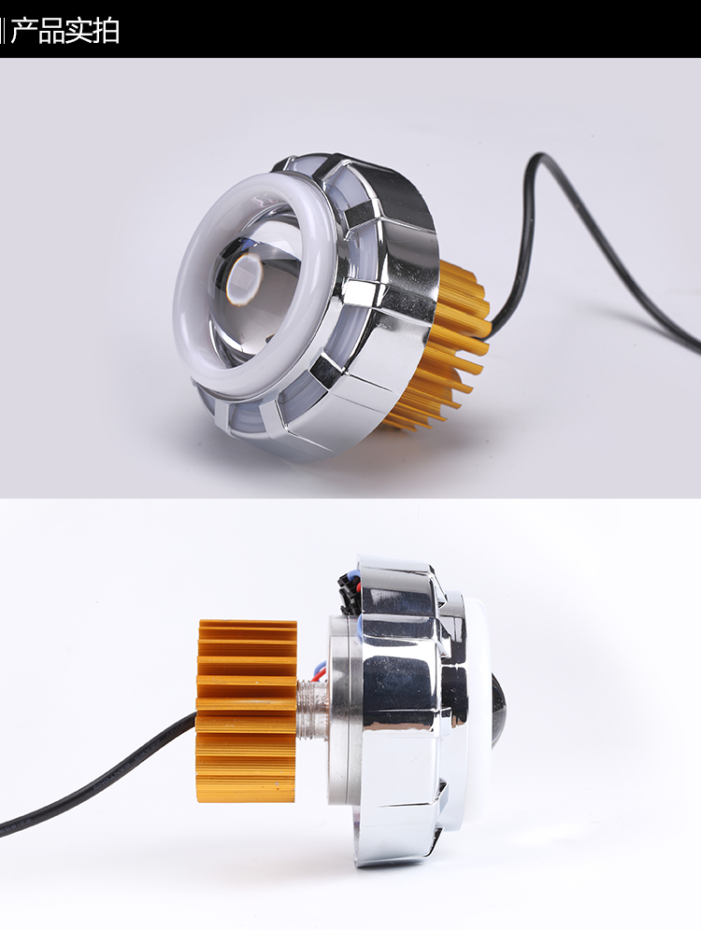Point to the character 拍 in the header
(x=107, y=31)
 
